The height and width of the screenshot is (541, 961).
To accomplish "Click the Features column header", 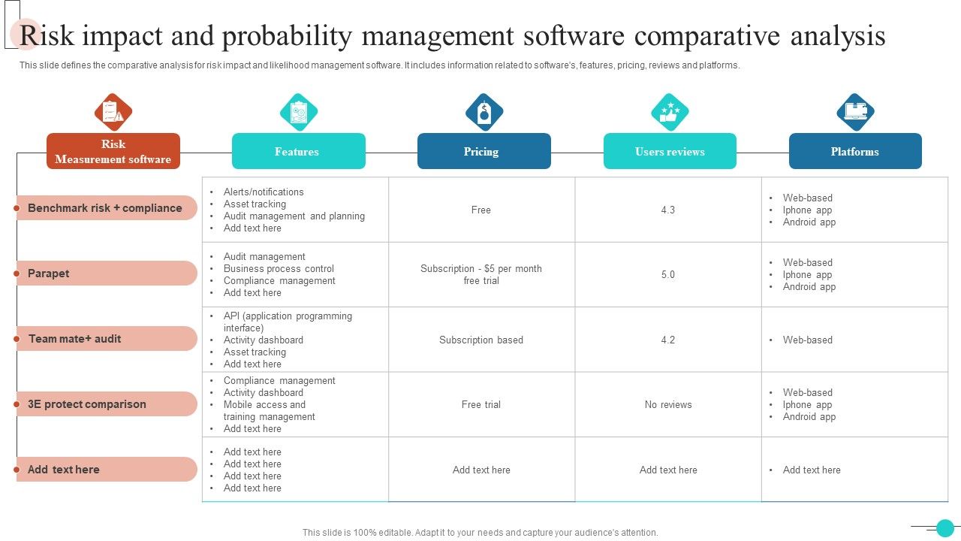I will click(x=298, y=151).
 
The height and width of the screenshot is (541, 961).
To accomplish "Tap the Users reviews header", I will click(x=670, y=151).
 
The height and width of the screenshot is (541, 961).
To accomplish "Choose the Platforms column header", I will click(x=854, y=151).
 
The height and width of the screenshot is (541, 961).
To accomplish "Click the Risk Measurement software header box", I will click(x=113, y=151).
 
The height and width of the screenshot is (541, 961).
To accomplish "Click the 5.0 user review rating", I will click(x=668, y=274).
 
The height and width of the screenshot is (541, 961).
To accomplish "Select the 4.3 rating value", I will click(x=668, y=210).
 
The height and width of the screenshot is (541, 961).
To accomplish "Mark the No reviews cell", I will click(x=668, y=404).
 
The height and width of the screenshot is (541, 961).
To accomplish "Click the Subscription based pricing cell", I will click(x=481, y=340).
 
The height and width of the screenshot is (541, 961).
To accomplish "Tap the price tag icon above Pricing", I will click(x=484, y=112).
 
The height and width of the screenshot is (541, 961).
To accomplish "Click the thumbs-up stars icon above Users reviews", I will click(x=670, y=112).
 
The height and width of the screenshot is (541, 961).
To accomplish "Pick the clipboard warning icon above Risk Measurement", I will click(x=113, y=112).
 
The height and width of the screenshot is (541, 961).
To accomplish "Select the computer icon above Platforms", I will click(x=855, y=112).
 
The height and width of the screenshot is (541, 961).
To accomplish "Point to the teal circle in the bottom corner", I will click(x=945, y=527).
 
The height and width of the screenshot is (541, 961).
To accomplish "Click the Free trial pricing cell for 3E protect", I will click(x=481, y=404).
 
